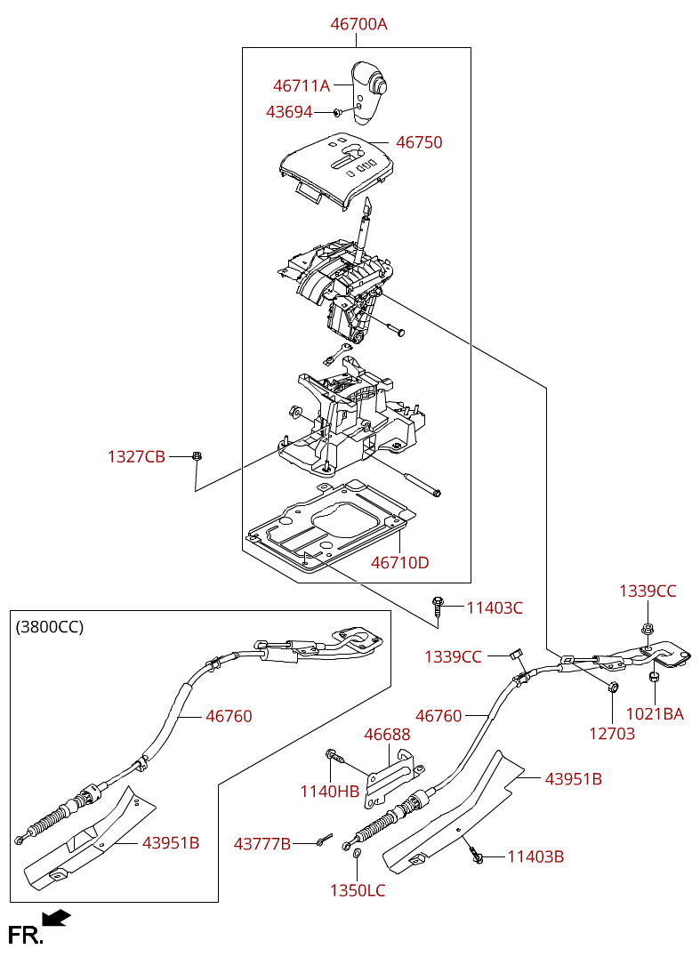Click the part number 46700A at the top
point(358,24)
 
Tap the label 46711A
point(302,85)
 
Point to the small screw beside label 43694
point(337,112)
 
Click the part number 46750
point(419,142)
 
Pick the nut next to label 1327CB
point(197,455)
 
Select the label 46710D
point(399,562)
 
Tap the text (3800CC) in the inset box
point(50,627)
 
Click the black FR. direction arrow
point(57,918)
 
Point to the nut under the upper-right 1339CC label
point(647,628)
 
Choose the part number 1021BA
point(655,713)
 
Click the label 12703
point(612,733)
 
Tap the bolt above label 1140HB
point(334,756)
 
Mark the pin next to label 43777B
point(324,840)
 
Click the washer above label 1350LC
point(357,852)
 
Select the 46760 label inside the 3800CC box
point(229,716)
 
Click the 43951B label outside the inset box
point(574,779)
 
